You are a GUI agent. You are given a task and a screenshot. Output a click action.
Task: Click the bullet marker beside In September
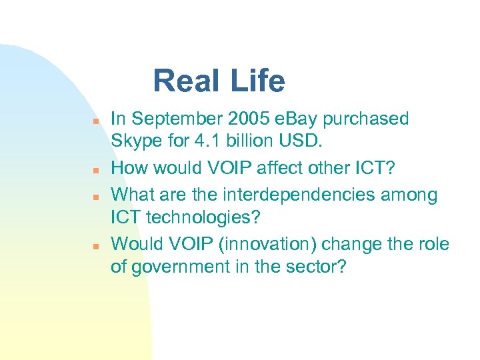95,122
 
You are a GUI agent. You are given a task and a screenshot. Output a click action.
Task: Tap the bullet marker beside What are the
95,198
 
